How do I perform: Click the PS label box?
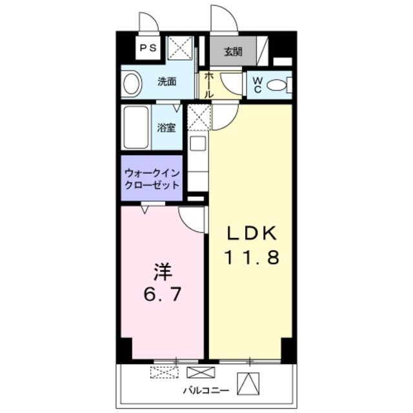149,48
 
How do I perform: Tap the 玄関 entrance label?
233,52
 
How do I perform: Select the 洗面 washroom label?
168,83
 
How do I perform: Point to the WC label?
257,84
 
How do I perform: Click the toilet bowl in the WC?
277,85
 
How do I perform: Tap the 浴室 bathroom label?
166,127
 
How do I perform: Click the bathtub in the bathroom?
136,128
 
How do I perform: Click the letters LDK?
251,233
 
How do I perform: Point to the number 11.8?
251,259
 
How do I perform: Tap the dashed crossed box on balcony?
163,372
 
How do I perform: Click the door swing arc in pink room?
192,219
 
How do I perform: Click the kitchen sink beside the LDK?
197,143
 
